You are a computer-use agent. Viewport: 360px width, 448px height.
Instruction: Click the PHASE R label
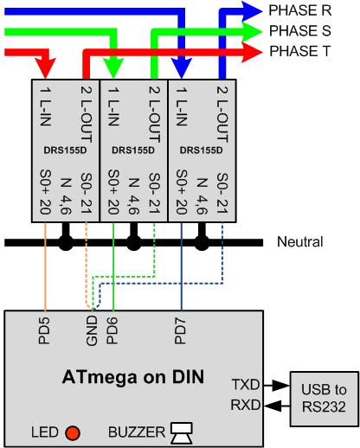click(x=300, y=10)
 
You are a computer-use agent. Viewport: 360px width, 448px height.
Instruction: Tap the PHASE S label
click(x=300, y=31)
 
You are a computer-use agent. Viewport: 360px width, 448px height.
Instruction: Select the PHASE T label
click(x=299, y=51)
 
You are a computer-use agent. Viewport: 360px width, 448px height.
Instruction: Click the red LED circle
click(x=73, y=432)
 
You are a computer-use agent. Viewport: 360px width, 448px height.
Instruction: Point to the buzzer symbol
click(x=182, y=432)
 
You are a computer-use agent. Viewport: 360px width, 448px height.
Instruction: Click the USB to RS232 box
click(x=325, y=399)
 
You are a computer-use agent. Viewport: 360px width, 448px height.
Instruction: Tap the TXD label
click(x=246, y=385)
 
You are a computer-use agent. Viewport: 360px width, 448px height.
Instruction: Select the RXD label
click(x=246, y=405)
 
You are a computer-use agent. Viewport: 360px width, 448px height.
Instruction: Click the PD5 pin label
click(x=44, y=331)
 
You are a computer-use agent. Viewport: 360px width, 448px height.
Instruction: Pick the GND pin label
click(x=92, y=330)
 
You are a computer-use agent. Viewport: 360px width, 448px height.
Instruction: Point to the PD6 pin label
click(x=112, y=331)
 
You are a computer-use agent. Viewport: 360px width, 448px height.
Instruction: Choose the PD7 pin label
click(x=180, y=331)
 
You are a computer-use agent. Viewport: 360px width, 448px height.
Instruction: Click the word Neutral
click(x=300, y=242)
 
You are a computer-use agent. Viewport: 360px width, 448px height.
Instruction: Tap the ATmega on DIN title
click(x=133, y=377)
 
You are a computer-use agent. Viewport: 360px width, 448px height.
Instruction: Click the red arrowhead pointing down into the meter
click(x=45, y=68)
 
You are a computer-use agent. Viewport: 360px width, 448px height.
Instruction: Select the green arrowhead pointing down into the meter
click(x=113, y=68)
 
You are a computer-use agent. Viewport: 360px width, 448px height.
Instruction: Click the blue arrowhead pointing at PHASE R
click(x=252, y=11)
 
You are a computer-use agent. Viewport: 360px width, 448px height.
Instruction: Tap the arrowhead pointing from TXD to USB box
click(x=281, y=385)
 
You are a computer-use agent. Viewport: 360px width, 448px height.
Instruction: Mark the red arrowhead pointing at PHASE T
click(x=252, y=52)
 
